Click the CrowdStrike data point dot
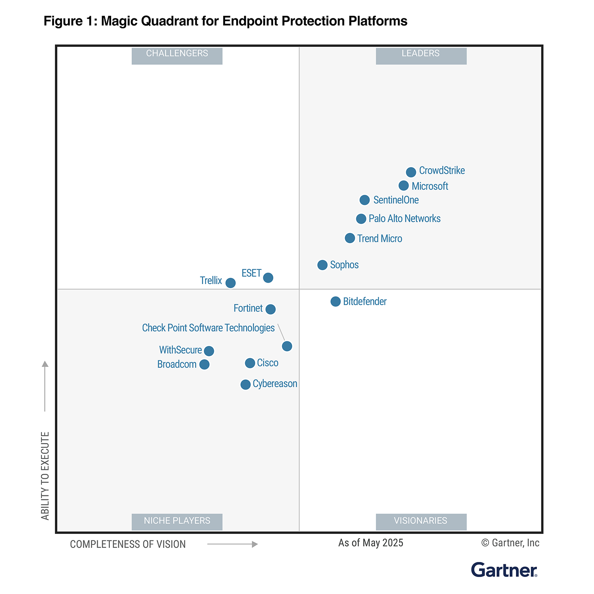[411, 172]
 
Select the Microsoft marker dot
[404, 185]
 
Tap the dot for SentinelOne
[364, 200]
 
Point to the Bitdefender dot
[335, 301]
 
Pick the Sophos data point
[322, 265]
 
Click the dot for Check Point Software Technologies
[287, 346]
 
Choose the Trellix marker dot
[230, 283]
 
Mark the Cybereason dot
[245, 384]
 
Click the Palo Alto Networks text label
[405, 219]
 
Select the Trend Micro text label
[380, 238]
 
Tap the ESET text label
[251, 273]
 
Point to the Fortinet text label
[248, 308]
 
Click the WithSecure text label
[180, 350]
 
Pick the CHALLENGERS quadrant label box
[177, 55]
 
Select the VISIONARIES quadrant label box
[421, 521]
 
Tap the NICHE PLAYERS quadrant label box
[177, 521]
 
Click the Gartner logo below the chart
[504, 570]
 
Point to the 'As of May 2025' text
[371, 543]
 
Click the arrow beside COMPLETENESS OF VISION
[232, 544]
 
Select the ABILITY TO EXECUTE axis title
[45, 476]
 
